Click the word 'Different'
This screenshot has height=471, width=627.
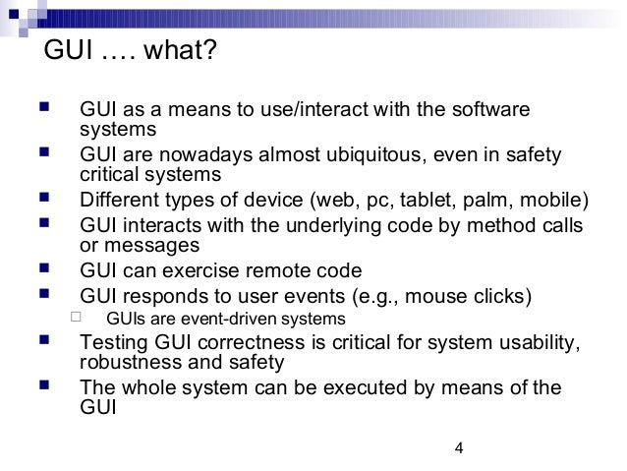(x=119, y=204)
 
